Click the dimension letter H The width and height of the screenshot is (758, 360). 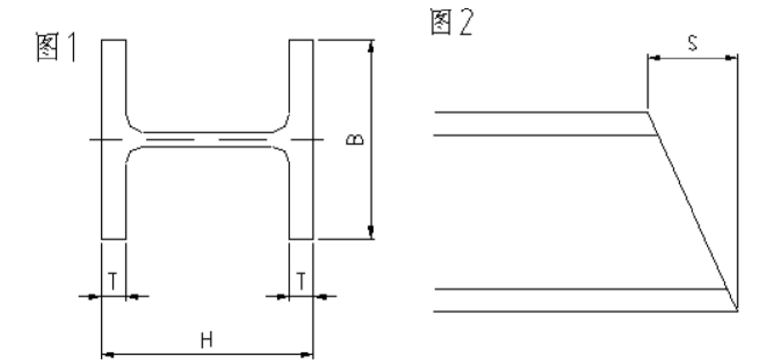pos(207,341)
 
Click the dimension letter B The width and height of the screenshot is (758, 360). pos(355,139)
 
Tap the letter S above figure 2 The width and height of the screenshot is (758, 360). pos(693,44)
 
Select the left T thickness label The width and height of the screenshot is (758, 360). pos(113,281)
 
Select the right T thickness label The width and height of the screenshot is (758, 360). pos(301,281)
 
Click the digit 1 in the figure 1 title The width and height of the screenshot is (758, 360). pos(72,47)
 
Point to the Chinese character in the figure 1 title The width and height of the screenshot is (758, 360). pos(48,47)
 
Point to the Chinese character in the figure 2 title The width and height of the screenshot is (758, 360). pos(441,22)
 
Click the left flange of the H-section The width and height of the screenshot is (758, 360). pos(114,139)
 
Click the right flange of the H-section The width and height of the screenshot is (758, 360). pos(301,139)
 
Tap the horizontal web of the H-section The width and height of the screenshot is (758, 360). pos(208,139)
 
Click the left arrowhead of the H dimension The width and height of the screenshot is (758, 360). pos(108,355)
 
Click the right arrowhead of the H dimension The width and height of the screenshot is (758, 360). pos(307,355)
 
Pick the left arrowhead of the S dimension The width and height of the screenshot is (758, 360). pos(654,58)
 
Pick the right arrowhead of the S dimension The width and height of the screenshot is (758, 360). pos(731,58)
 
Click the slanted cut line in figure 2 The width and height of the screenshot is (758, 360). pos(693,211)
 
